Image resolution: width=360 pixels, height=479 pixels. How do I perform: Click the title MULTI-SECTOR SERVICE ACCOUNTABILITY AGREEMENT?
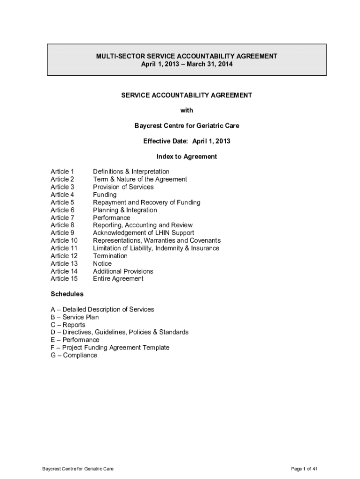point(187,56)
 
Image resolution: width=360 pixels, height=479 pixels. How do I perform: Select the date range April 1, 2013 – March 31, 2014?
point(187,64)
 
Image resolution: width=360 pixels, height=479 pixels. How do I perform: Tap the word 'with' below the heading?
point(187,110)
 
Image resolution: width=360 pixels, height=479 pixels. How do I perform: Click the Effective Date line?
point(187,141)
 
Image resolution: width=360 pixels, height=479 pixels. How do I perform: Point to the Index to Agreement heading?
point(187,156)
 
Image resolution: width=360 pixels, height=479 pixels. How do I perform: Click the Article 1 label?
point(62,172)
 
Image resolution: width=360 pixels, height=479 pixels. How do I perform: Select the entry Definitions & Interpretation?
point(131,172)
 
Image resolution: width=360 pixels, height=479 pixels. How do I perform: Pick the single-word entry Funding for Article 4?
point(105,195)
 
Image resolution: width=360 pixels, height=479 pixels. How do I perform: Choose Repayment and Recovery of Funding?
point(146,202)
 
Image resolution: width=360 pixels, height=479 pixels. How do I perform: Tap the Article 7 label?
point(62,218)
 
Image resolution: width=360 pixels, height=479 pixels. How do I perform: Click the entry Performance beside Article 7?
point(111,218)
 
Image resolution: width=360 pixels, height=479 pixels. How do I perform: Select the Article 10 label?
point(64,240)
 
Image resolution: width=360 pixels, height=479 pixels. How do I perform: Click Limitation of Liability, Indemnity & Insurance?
point(156,248)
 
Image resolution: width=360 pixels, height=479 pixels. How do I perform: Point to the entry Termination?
point(110,256)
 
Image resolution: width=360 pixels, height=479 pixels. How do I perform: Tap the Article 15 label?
point(64,279)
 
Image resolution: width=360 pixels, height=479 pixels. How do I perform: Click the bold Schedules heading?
point(67,294)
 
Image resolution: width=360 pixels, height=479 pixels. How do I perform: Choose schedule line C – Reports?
point(68,325)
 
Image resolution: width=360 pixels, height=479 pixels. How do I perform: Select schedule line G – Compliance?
point(74,355)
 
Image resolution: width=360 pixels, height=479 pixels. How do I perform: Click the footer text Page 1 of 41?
point(304,469)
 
